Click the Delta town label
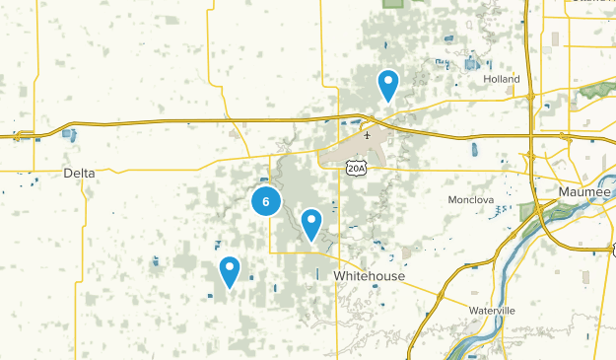(x=79, y=173)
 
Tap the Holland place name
(x=501, y=80)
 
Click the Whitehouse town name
(x=369, y=276)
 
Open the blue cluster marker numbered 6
(x=266, y=201)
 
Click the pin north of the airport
(x=388, y=84)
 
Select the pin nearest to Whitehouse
(x=311, y=223)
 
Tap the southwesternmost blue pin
(x=229, y=269)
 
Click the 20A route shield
(x=357, y=169)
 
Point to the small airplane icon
(x=368, y=136)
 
